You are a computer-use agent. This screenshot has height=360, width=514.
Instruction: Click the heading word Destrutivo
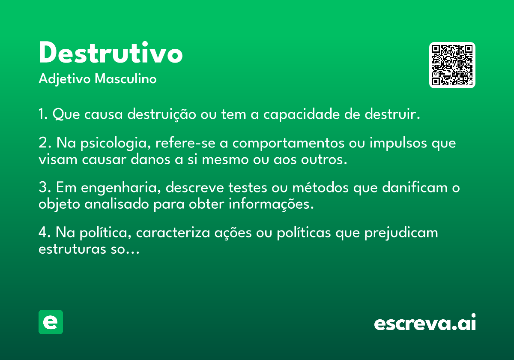coord(111,52)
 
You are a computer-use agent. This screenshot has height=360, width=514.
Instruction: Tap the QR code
coord(452,65)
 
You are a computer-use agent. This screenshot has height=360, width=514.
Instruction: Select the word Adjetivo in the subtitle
coord(65,79)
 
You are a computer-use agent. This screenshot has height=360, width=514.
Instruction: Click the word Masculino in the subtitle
coord(126,79)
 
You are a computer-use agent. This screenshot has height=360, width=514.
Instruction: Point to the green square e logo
coord(51,322)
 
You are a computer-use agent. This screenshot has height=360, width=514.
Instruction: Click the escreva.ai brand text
coord(425,322)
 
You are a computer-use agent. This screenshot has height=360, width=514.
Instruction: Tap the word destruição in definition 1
coord(162,114)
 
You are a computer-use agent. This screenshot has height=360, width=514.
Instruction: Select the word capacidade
coord(302,114)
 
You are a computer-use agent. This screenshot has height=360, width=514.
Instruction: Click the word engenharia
coord(121,188)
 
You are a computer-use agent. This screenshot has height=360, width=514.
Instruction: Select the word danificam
coord(415,187)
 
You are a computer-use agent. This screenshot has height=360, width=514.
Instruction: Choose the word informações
coord(271,204)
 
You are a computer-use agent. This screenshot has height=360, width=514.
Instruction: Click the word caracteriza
coord(173,233)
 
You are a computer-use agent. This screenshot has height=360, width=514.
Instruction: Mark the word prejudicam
coord(401,233)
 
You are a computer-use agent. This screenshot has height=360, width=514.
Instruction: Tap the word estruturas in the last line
coord(72,249)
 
